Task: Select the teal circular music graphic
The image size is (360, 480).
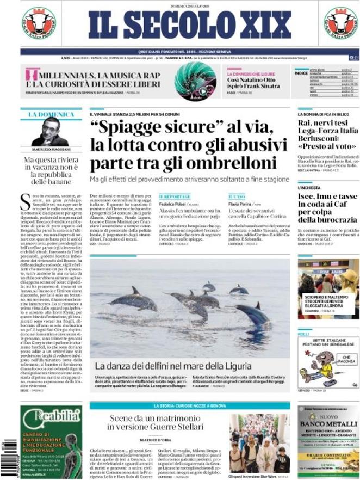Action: tap(196, 81)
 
